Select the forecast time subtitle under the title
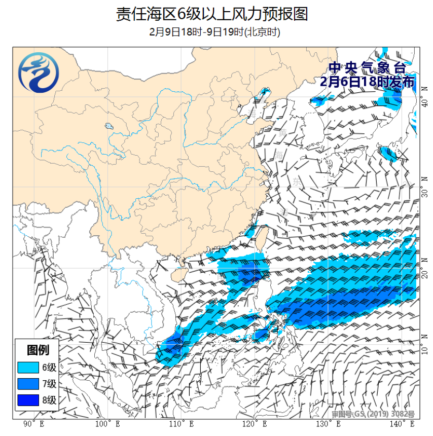[215, 32]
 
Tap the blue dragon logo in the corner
[38, 74]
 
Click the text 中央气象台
[367, 67]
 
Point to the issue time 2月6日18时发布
[368, 81]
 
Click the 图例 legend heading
[38, 350]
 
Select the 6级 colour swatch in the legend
[28, 367]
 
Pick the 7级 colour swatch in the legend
[28, 383]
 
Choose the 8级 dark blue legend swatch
[28, 400]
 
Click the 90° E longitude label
[33, 424]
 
